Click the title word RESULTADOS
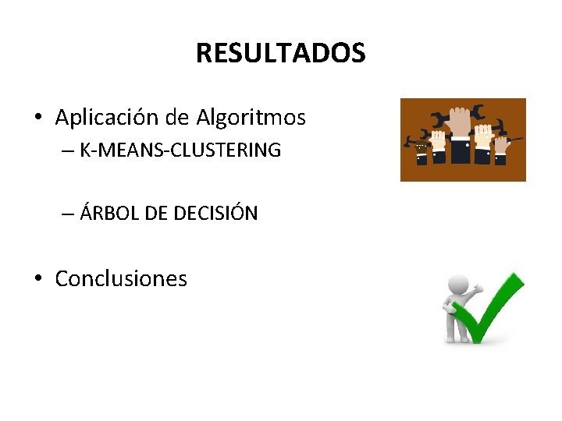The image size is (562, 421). coord(280,53)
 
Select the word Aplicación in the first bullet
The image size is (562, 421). coord(108,118)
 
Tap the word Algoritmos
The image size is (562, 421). coord(251,118)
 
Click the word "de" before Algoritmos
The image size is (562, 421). coord(178,118)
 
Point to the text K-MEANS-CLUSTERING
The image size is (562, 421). coord(180,150)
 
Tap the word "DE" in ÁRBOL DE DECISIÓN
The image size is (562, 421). coord(156,213)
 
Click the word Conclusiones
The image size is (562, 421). coord(121,278)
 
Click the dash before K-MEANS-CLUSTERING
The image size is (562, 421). coord(69,150)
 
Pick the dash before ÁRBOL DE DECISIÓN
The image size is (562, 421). coord(69,213)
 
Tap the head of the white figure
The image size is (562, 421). coord(459,285)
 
